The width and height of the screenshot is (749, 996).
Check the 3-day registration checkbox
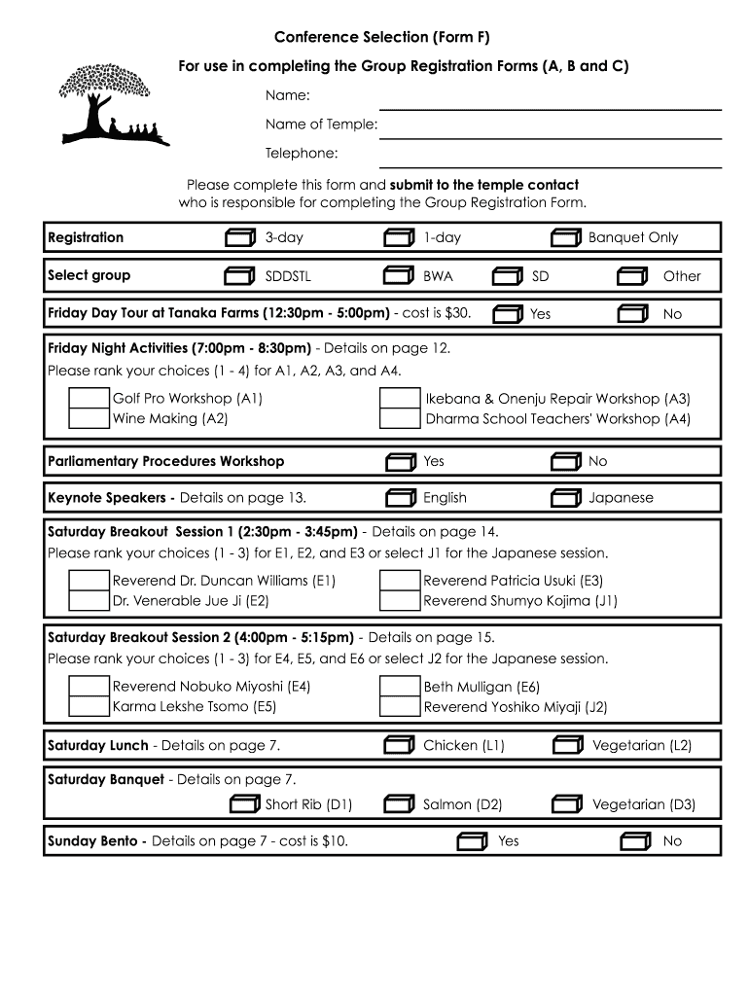click(238, 238)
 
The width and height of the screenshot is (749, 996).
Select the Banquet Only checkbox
click(565, 238)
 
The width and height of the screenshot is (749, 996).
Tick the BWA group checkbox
click(399, 276)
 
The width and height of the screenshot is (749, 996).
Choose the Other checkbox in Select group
click(632, 276)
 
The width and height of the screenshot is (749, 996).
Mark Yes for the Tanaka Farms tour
click(507, 314)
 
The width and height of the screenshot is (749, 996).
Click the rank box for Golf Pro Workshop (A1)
click(89, 399)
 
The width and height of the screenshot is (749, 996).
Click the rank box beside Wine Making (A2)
click(89, 419)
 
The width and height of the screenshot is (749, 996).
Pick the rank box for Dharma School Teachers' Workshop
click(400, 419)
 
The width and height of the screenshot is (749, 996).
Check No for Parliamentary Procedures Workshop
click(565, 462)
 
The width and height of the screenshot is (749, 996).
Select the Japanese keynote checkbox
click(565, 498)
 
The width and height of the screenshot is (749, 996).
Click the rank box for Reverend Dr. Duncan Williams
click(89, 581)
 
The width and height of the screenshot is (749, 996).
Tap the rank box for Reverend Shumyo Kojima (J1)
click(400, 601)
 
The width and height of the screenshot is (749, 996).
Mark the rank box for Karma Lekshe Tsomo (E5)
click(89, 707)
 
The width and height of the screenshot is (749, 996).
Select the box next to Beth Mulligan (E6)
click(400, 687)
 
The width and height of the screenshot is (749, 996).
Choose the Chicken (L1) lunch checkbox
click(399, 746)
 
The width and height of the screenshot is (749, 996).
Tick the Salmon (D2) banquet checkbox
click(399, 804)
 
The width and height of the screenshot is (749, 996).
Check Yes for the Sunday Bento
click(472, 841)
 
